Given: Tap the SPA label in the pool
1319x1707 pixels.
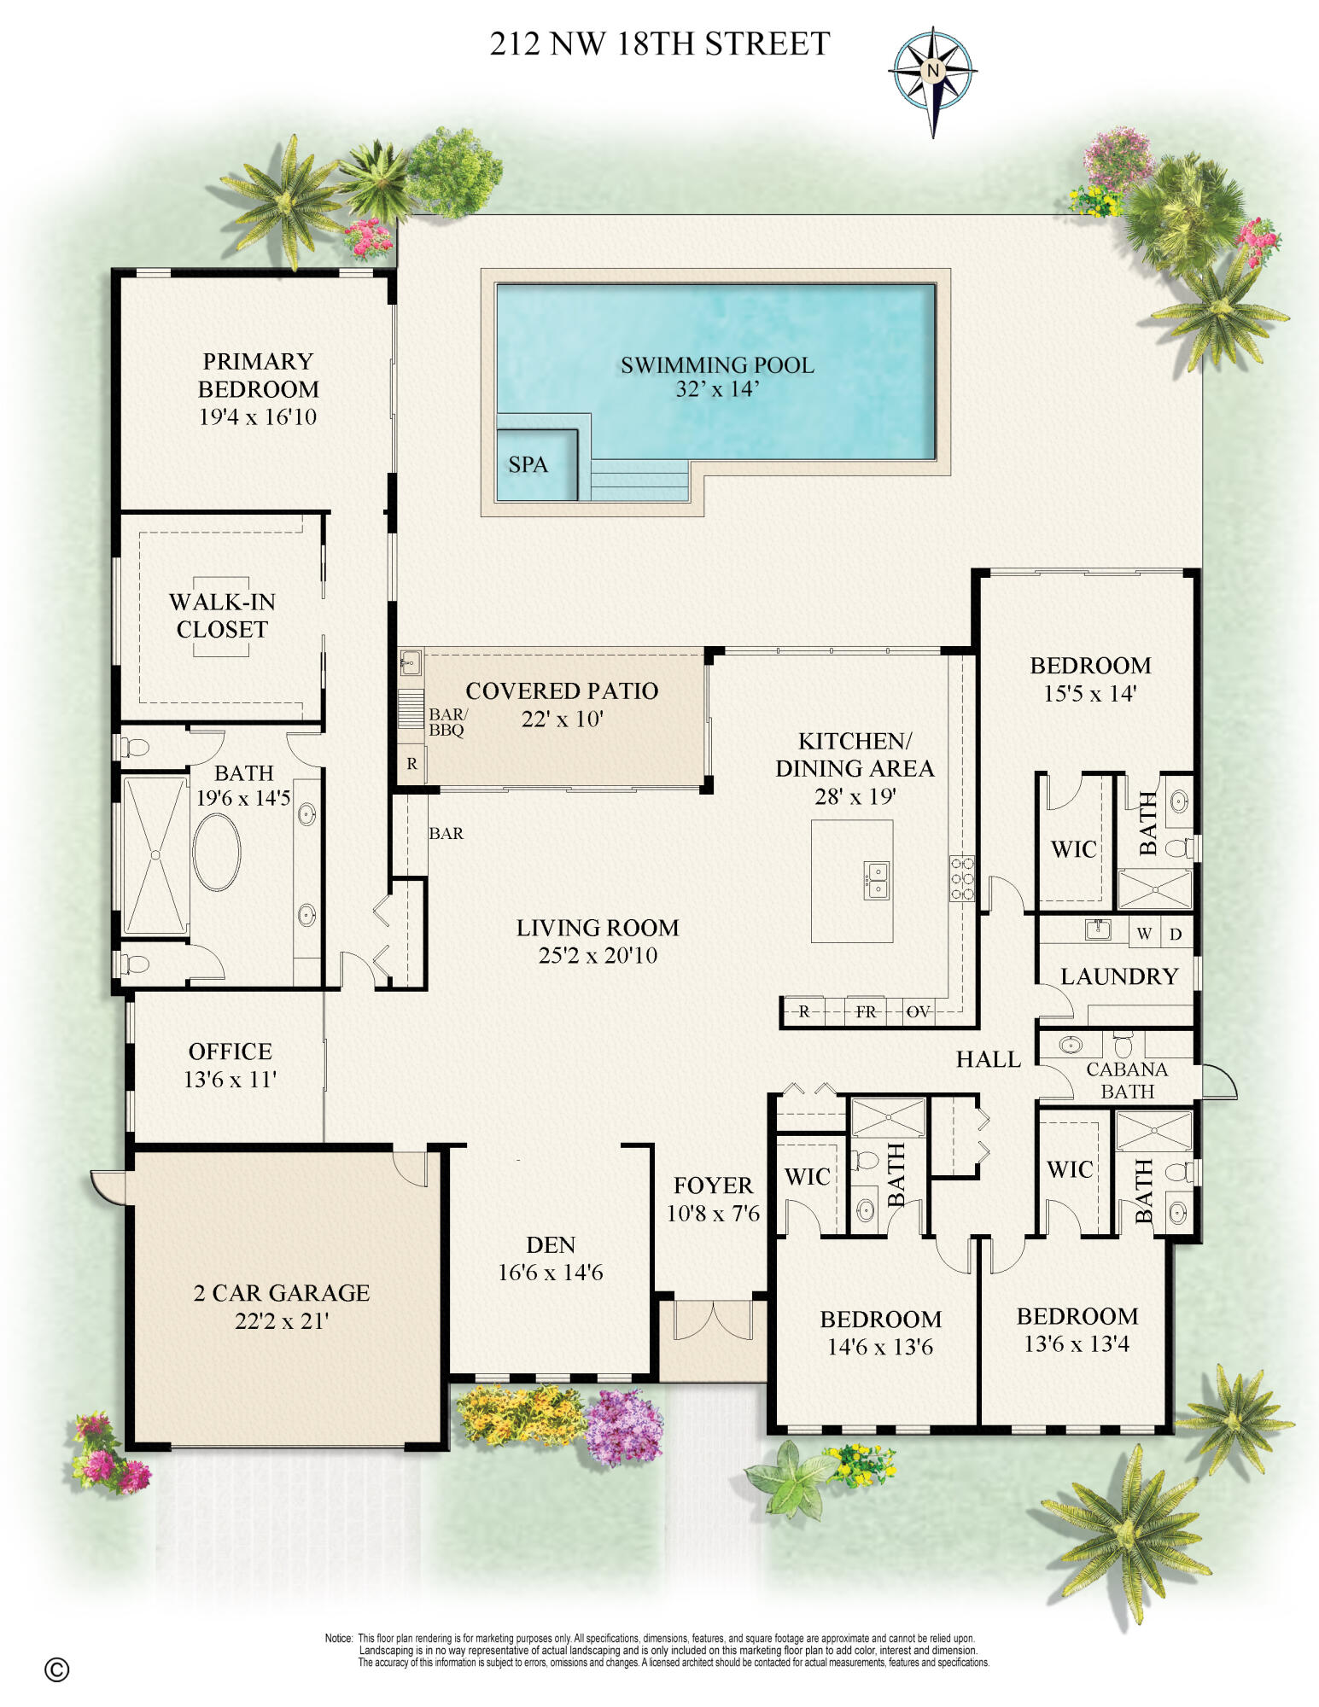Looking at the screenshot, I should pos(528,465).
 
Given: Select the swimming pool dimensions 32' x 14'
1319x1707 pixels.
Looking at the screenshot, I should pos(716,389).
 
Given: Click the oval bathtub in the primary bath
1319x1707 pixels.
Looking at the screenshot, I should pos(217,853).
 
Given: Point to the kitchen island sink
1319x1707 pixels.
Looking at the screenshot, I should pos(877,880).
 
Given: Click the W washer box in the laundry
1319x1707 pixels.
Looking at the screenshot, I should pos(1144,934).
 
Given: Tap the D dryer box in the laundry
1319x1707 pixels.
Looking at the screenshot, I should pos(1176,934).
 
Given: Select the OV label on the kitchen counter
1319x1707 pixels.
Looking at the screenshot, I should pos(918,1012).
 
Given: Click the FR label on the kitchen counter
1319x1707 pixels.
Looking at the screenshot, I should pos(866,1012).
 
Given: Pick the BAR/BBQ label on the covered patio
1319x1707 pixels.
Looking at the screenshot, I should pos(446,722).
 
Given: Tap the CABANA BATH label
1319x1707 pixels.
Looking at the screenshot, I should pos(1127,1081).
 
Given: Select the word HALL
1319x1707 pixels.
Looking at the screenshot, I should pos(988,1059).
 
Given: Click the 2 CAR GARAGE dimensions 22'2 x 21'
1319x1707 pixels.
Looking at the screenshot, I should pos(282,1321).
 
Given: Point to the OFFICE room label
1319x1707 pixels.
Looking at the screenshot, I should pos(230,1052).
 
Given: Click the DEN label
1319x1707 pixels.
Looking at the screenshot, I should pos(551,1244).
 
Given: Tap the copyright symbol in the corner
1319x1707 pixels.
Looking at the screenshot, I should pos(56,1669).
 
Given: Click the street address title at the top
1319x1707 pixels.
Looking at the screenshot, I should pos(659,44).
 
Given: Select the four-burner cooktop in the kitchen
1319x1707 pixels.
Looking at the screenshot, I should pos(961,878).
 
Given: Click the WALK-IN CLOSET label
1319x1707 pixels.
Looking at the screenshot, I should pos(222,615).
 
